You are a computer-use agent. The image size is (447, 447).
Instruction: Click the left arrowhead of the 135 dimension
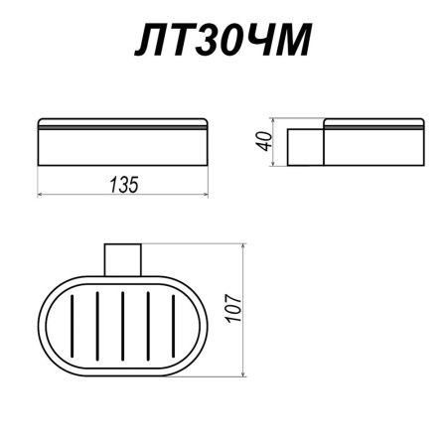tap(42, 194)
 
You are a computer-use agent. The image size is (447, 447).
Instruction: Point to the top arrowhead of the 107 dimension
tap(244, 244)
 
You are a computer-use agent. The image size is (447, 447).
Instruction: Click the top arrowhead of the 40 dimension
tap(275, 123)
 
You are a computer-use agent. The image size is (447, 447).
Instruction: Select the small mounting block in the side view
tap(305, 145)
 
